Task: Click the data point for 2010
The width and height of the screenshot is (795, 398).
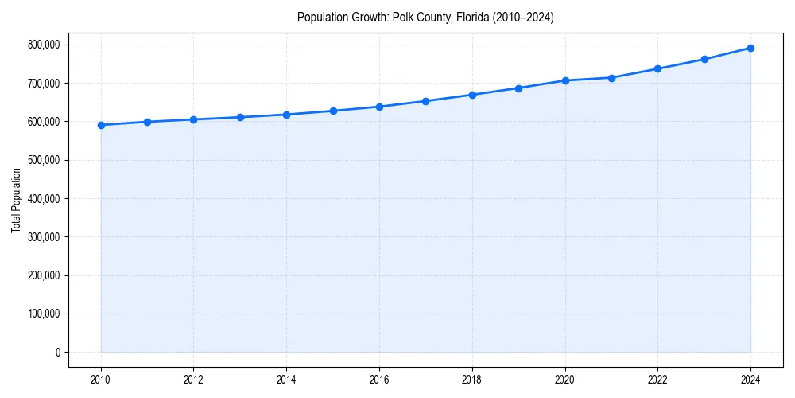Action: [x=101, y=125]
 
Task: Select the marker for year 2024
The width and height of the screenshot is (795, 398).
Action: [x=750, y=48]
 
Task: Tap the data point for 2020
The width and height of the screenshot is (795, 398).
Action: [x=565, y=80]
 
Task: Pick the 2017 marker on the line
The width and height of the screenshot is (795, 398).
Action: [x=425, y=101]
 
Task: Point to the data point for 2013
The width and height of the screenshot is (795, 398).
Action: [x=240, y=117]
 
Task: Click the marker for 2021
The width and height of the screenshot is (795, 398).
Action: [x=611, y=78]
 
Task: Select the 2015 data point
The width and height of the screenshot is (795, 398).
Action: [x=333, y=111]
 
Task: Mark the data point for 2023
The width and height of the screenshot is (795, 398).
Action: [x=704, y=59]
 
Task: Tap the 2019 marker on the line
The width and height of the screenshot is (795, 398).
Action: [x=518, y=88]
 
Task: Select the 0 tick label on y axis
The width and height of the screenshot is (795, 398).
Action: [x=57, y=353]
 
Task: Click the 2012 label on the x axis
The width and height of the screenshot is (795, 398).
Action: [x=193, y=380]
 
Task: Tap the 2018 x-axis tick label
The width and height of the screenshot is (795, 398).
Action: [x=472, y=380]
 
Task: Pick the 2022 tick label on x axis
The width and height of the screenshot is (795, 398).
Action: [x=657, y=380]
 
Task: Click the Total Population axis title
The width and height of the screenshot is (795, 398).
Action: [x=16, y=200]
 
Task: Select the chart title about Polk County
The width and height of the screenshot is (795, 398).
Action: [x=425, y=17]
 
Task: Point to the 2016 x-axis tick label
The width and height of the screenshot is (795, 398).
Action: [x=379, y=380]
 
